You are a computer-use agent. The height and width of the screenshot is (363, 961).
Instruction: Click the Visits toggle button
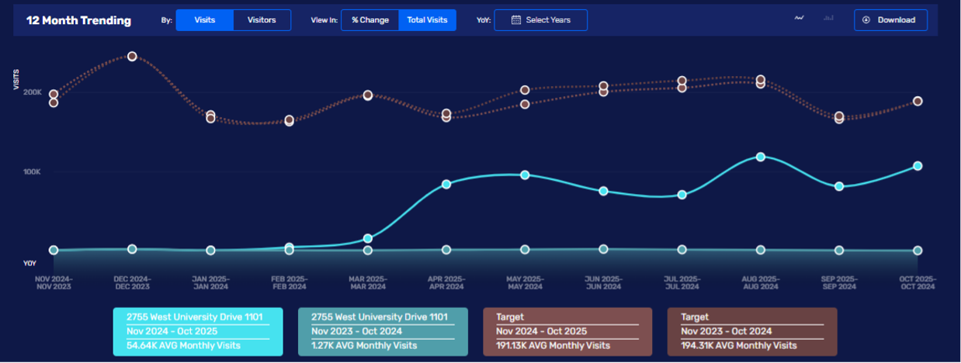pos(204,20)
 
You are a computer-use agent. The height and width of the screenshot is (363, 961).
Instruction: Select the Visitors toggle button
pos(262,20)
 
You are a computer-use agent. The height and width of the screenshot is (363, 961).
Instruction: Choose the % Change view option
pos(369,20)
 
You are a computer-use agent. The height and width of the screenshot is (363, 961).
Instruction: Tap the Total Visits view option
pos(427,20)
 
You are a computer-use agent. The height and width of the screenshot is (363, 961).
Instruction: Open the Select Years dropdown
pos(540,20)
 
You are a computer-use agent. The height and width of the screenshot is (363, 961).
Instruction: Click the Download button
pos(890,20)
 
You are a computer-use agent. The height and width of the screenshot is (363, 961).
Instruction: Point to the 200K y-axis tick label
pos(33,92)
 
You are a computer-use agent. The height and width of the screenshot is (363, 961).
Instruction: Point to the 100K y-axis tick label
pos(33,171)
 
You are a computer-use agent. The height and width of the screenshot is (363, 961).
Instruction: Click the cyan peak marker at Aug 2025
pos(761,157)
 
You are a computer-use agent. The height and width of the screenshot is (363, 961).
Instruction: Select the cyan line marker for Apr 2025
pos(446,184)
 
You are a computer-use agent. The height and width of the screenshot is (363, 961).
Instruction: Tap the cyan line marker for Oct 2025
pos(918,166)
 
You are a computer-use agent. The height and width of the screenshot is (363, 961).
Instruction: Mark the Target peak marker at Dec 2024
pos(132,57)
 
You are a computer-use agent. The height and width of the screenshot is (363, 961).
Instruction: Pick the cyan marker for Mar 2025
pos(368,238)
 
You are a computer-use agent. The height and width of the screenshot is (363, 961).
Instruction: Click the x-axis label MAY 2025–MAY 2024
pos(525,282)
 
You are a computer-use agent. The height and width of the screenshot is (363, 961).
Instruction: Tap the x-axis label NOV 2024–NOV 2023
pos(54,282)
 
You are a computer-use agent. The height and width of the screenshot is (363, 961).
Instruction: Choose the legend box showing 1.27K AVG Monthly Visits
pos(383,331)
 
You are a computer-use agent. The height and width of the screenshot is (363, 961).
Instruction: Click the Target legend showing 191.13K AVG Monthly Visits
pos(567,331)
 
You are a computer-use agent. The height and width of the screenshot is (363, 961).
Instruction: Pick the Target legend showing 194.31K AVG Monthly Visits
pos(752,331)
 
